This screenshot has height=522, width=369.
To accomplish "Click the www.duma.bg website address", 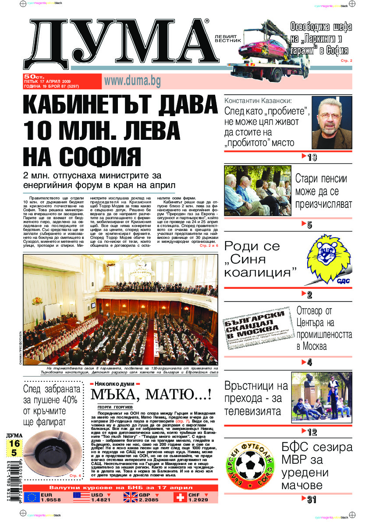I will coord(132,81).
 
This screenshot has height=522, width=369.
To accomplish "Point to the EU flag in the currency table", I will coord(32,497).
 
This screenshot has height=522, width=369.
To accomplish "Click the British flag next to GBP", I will coord(130,497).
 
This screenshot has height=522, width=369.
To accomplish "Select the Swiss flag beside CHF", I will coord(180,497).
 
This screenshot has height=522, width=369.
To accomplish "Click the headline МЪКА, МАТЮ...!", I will coord(151,394).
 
